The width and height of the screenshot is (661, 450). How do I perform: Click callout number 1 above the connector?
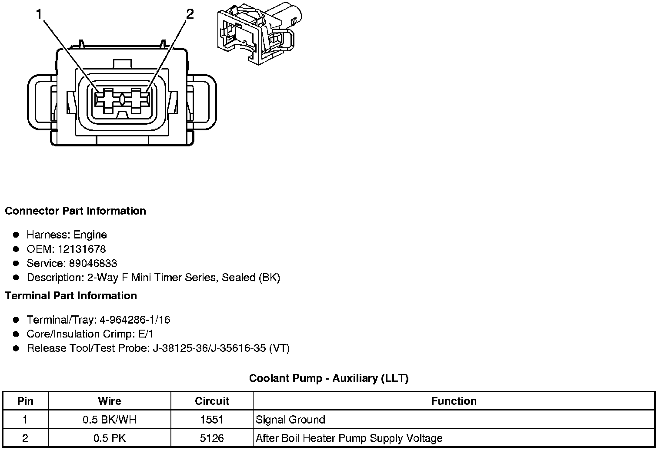coord(39,14)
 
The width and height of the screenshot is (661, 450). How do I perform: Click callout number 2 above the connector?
coord(190,14)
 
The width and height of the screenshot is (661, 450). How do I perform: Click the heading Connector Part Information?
coord(75,211)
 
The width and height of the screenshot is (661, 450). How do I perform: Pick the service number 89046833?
coord(93,264)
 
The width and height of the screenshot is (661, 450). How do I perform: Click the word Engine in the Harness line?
coord(90,235)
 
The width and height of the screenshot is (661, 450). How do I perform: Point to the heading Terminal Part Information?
coord(71,296)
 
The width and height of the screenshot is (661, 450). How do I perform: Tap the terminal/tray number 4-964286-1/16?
coord(135,320)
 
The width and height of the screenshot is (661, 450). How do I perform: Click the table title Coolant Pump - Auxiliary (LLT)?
coord(329,378)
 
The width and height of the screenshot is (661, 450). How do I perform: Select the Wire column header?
coord(110,401)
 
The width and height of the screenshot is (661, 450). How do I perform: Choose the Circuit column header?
coord(212,401)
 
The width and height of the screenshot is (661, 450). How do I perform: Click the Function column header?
coord(454,401)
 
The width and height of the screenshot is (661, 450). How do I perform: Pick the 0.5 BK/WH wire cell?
coord(110,420)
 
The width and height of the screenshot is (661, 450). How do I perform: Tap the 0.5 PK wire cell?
coord(110,438)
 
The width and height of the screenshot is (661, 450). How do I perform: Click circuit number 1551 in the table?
coord(212,420)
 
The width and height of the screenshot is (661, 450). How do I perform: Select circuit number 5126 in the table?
coord(212,438)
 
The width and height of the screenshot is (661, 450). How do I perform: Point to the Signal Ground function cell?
coord(290,420)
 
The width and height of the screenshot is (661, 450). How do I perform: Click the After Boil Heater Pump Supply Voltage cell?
coord(349,438)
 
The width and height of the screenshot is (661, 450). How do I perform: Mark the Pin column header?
coord(25,401)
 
